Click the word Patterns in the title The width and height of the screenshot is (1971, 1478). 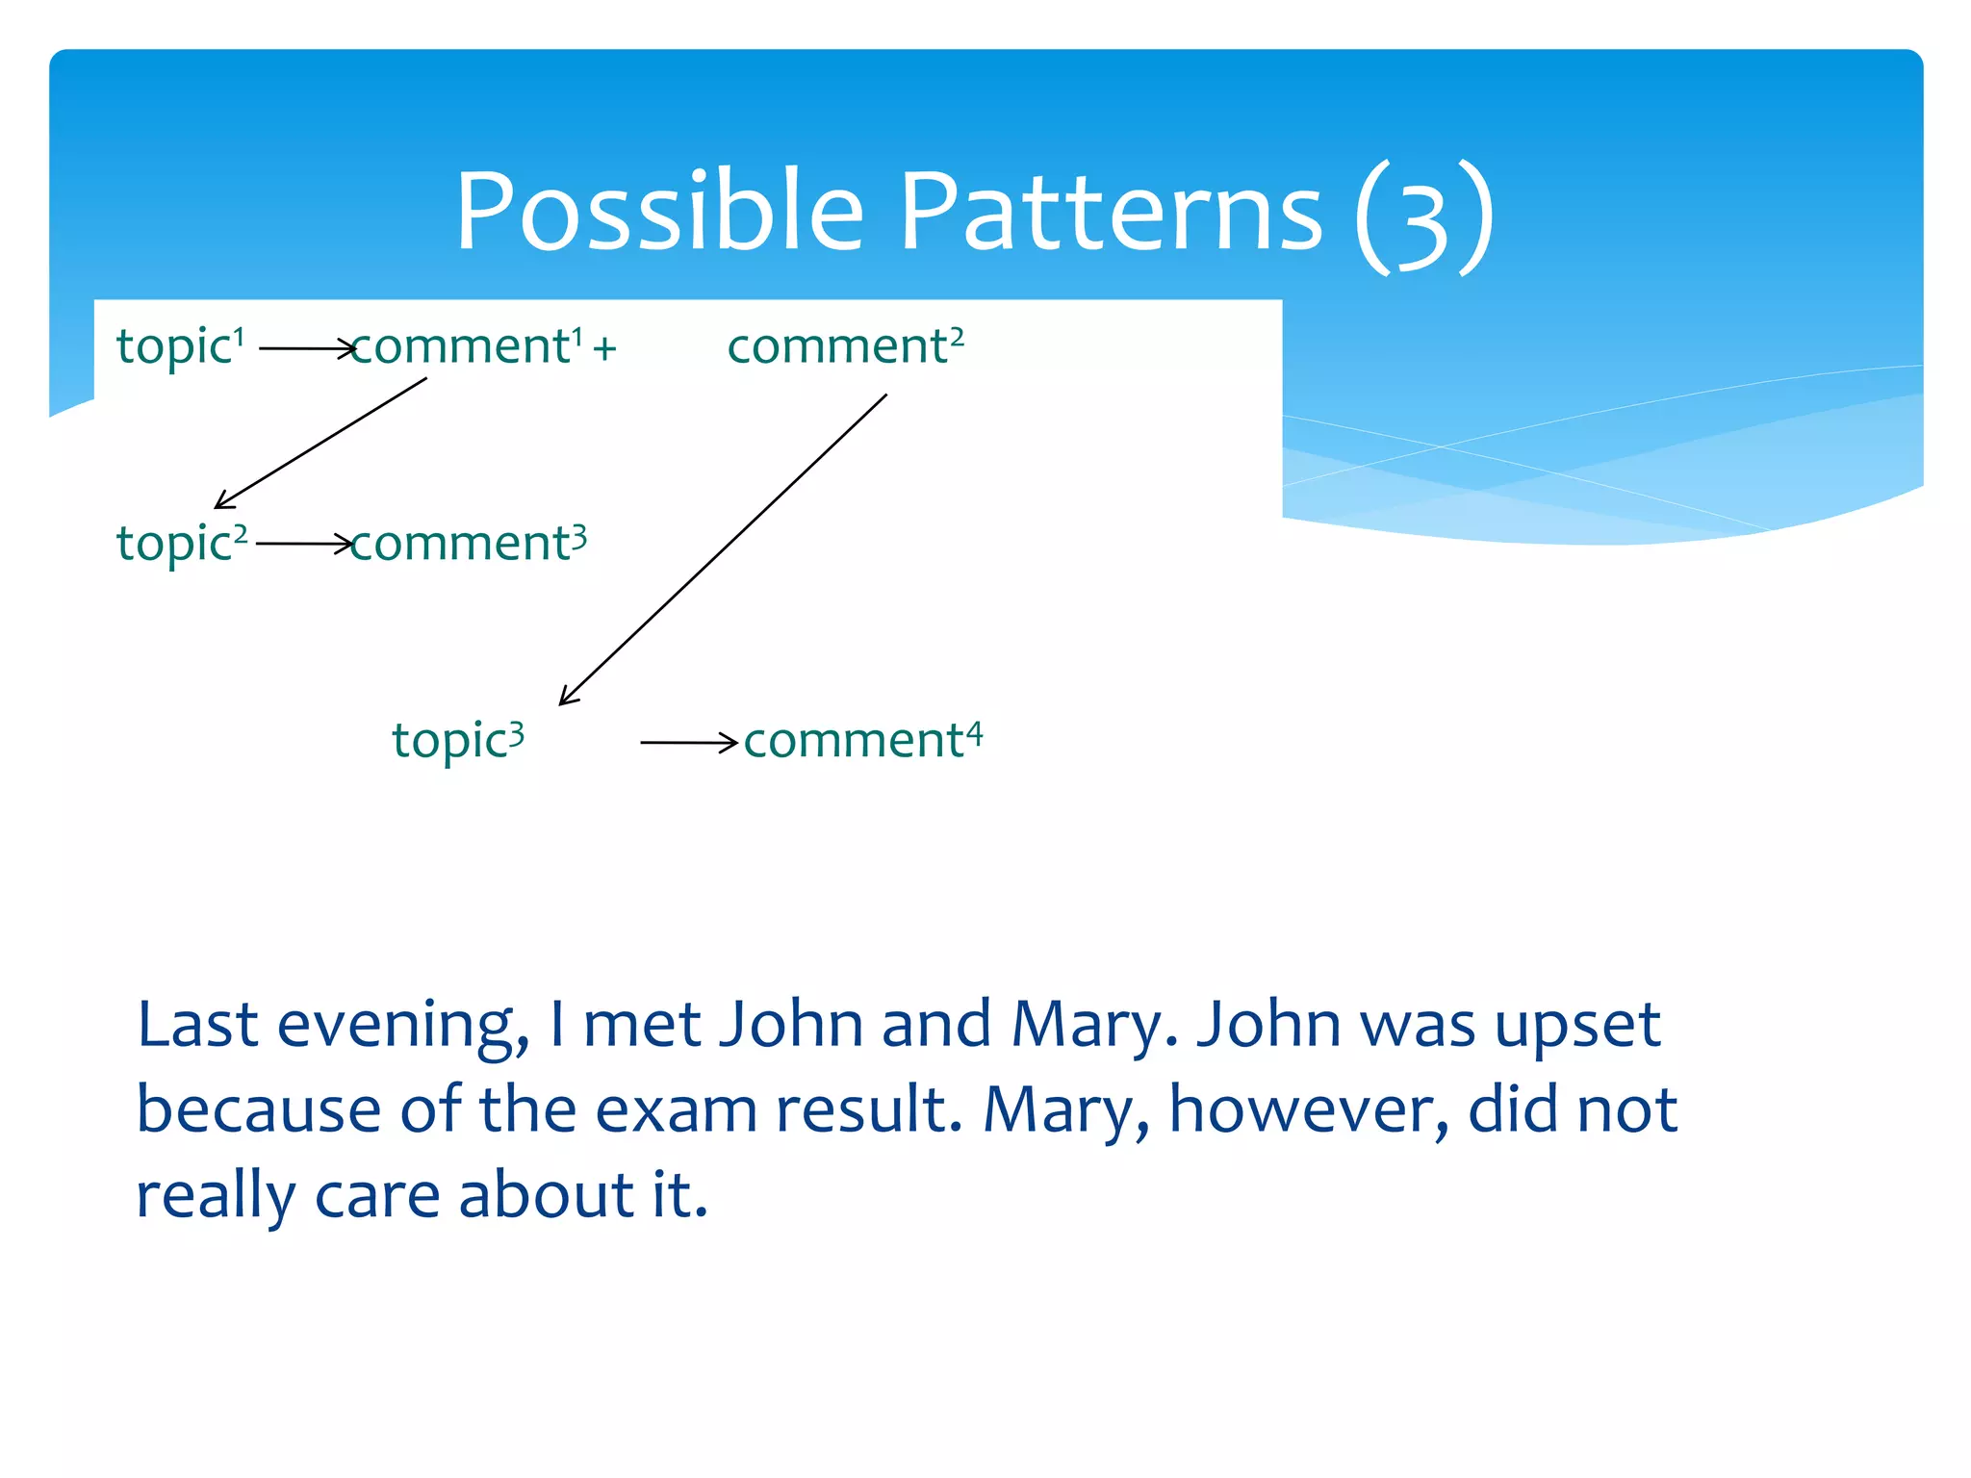(x=1112, y=212)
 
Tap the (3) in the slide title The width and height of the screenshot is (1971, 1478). (x=1422, y=216)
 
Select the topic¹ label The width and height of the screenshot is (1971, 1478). (x=180, y=346)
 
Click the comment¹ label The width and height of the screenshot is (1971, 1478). (x=467, y=346)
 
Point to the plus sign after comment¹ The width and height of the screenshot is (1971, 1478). (x=604, y=348)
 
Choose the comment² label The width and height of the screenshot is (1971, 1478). (x=845, y=346)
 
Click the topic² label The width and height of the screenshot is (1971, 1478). (x=181, y=544)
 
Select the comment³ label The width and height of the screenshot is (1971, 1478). (x=468, y=544)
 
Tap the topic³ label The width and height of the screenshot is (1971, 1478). (x=457, y=741)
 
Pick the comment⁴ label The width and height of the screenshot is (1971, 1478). (x=862, y=741)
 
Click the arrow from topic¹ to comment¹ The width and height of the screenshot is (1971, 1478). (x=306, y=348)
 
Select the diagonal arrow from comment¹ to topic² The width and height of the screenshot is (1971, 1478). (x=320, y=443)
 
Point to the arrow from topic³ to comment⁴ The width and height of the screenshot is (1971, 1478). (x=687, y=743)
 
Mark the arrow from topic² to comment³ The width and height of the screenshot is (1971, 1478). (x=304, y=545)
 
